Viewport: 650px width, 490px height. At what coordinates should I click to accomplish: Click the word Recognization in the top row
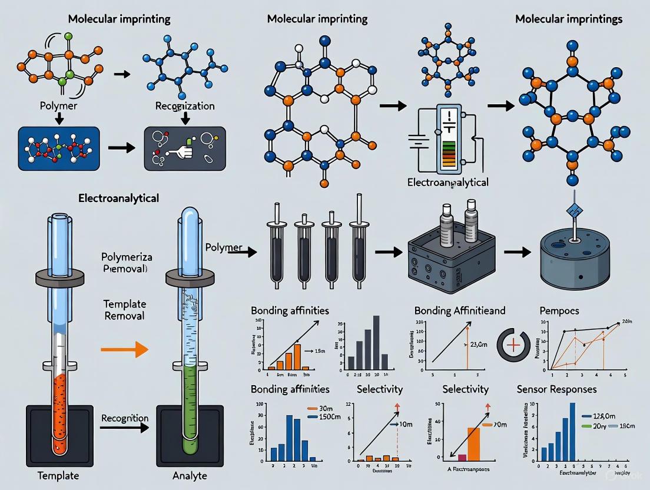(x=185, y=106)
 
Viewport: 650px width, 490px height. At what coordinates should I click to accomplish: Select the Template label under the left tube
(x=58, y=475)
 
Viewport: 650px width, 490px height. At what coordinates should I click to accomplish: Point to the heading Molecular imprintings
(x=568, y=19)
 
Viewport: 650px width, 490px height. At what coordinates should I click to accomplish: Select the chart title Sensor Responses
(x=556, y=389)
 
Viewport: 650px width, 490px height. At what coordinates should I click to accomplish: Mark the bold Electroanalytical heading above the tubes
(x=118, y=198)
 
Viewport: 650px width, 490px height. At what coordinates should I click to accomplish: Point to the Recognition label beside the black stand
(x=125, y=418)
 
